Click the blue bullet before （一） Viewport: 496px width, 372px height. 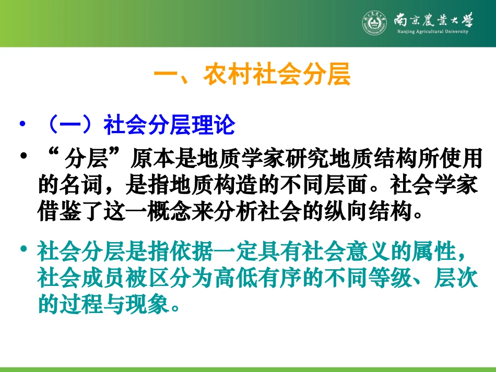click(22, 126)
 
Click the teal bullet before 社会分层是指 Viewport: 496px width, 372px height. click(22, 251)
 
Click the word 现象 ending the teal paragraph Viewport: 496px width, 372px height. click(147, 305)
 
